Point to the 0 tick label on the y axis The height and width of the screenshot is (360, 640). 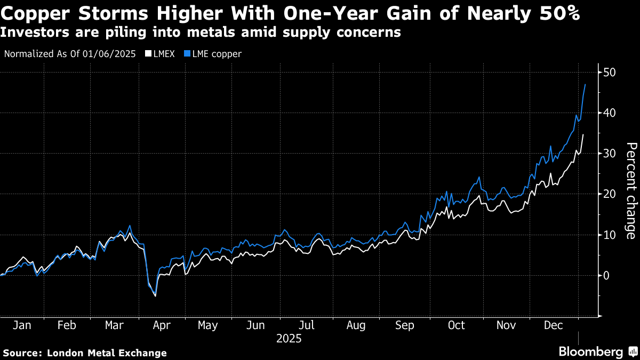point(607,275)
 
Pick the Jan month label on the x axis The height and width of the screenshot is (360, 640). point(21,325)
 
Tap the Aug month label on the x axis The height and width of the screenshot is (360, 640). point(356,325)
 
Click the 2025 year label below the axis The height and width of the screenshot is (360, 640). point(289,339)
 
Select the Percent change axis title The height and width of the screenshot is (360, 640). point(630,190)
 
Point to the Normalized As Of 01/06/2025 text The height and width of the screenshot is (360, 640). point(70,54)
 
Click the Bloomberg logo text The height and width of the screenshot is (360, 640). point(590,352)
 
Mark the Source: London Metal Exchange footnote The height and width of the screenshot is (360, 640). point(85,353)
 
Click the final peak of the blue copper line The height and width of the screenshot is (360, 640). point(585,84)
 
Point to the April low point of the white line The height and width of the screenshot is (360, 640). point(155,295)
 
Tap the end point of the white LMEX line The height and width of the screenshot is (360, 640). point(583,134)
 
